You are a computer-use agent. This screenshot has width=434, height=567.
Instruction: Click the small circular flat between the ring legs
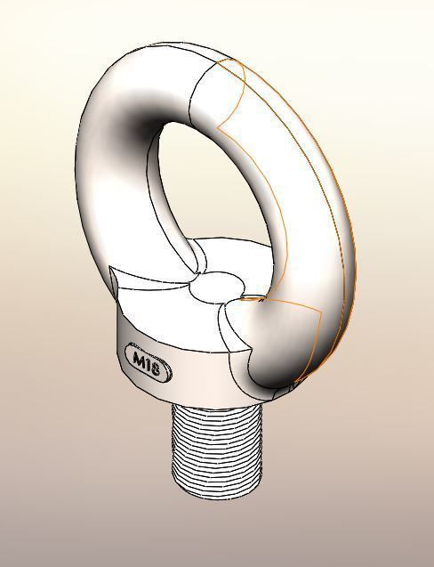pos(216,288)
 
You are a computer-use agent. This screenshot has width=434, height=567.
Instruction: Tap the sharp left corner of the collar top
pos(110,268)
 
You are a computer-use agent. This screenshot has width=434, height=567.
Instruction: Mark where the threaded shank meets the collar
pos(216,402)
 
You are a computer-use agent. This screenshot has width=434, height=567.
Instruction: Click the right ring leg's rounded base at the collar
pos(258,347)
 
